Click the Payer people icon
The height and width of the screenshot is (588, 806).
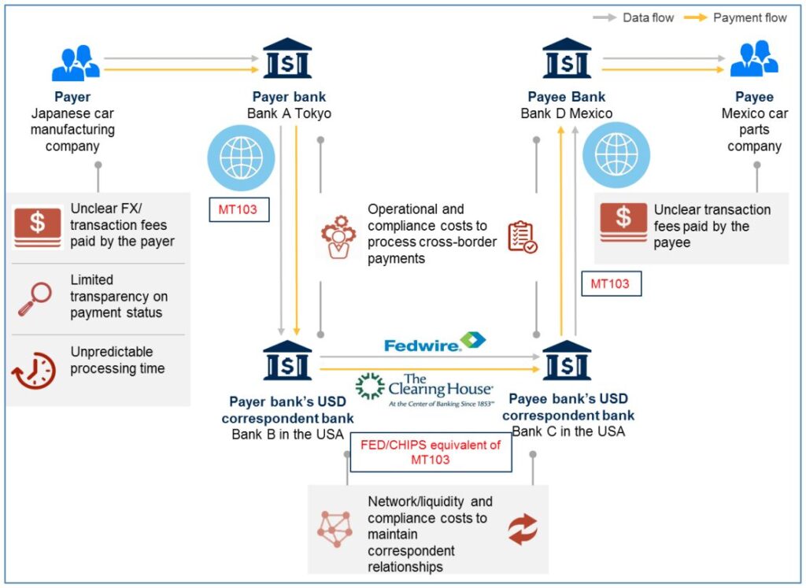tap(76, 64)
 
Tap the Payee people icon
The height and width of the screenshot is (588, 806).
tap(754, 60)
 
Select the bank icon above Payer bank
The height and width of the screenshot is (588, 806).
tap(287, 59)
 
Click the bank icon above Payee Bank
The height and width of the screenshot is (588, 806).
tap(567, 59)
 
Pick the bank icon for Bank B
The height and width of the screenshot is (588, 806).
tap(287, 361)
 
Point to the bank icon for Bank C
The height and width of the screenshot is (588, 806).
tap(567, 361)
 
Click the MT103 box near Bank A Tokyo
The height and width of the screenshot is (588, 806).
tap(239, 210)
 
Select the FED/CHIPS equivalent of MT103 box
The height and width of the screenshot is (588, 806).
tap(430, 452)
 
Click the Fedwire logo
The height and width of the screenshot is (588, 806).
tap(434, 342)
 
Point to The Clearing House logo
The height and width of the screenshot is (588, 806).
tap(425, 387)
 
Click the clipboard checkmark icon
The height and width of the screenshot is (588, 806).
tap(522, 236)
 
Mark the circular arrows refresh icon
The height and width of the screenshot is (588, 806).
tap(522, 529)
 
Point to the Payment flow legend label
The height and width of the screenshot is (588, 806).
tap(749, 17)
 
